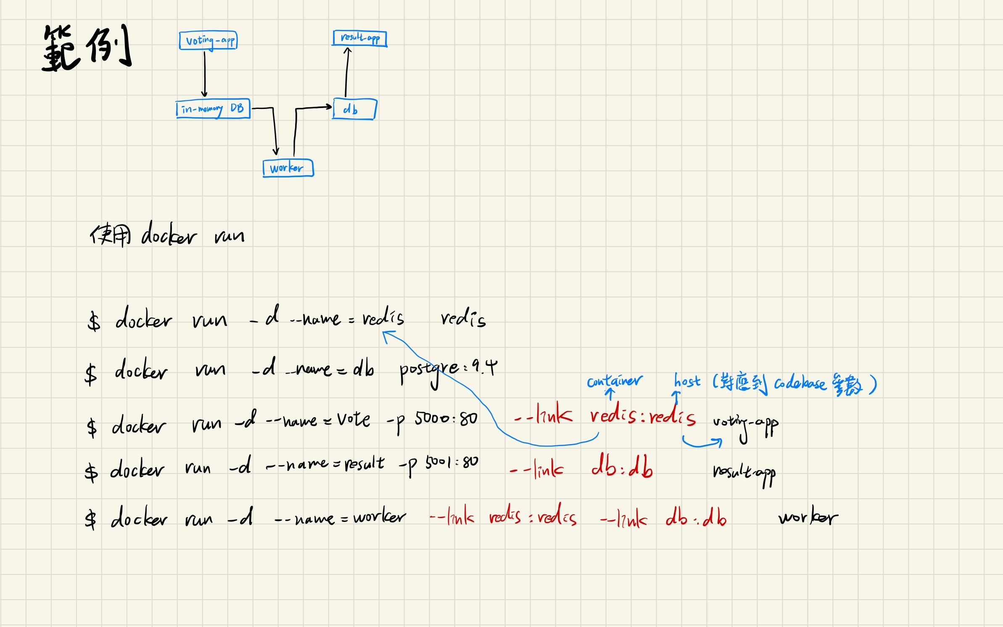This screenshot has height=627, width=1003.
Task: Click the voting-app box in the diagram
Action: pos(209,40)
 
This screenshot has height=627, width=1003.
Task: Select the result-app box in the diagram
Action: pos(360,38)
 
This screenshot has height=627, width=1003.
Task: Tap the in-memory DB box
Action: pos(213,108)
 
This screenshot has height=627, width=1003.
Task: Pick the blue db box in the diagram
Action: pos(354,109)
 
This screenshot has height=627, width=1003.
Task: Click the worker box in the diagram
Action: pos(288,168)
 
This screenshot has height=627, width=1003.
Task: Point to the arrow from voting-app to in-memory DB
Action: pos(205,74)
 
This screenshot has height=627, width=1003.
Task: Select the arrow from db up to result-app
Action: pos(347,72)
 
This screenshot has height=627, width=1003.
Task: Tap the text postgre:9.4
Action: pos(448,370)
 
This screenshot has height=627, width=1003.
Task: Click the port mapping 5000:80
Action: pos(446,418)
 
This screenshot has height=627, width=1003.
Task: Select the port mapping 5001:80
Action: pos(451,463)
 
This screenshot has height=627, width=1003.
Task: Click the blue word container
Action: pos(614,381)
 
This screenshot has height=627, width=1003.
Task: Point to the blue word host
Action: pos(687,381)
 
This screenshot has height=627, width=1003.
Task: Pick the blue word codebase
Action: pos(800,384)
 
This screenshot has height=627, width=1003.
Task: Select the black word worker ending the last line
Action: pos(808,517)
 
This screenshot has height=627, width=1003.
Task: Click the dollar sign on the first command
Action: pos(94,322)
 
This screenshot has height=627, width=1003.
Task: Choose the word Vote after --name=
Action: pos(353,419)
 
